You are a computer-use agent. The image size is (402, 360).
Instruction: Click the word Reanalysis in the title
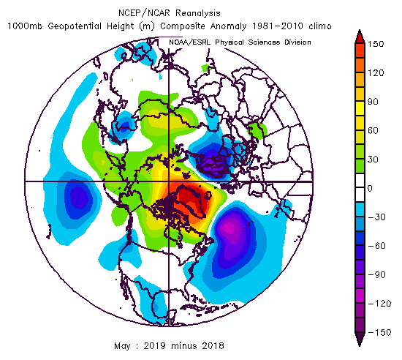pyautogui.click(x=198, y=13)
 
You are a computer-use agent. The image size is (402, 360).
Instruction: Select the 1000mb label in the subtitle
pyautogui.click(x=25, y=26)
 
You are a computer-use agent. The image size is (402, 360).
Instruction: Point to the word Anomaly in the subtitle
pyautogui.click(x=228, y=26)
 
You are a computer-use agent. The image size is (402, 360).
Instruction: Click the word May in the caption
pyautogui.click(x=122, y=346)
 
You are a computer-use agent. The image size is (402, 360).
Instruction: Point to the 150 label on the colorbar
pyautogui.click(x=376, y=44)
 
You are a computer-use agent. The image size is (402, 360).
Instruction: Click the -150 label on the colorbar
pyautogui.click(x=380, y=332)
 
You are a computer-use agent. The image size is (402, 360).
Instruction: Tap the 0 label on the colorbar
pyautogui.click(x=370, y=188)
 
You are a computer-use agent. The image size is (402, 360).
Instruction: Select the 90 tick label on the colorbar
pyautogui.click(x=373, y=102)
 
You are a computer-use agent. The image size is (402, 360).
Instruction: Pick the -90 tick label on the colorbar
pyautogui.click(x=377, y=275)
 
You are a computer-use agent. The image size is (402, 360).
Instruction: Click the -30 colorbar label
pyautogui.click(x=377, y=217)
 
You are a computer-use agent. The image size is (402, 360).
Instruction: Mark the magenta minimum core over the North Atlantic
pyautogui.click(x=230, y=228)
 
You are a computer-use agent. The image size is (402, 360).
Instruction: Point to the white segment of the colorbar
pyautogui.click(x=360, y=188)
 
